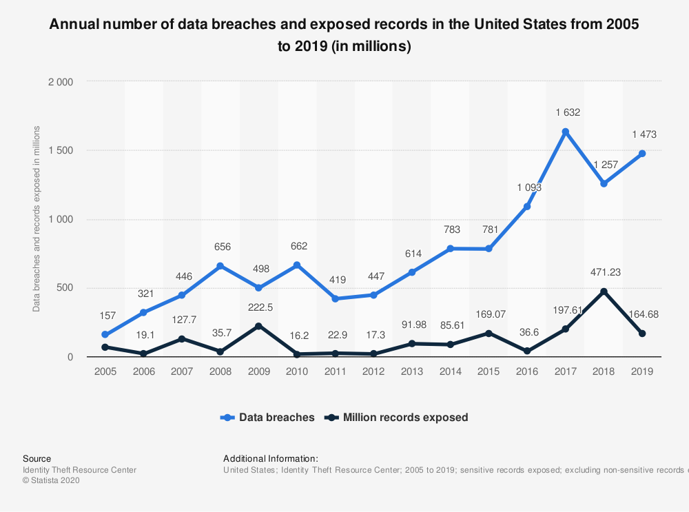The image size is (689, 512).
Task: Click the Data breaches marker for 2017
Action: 565,132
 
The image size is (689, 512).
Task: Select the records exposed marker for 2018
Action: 604,291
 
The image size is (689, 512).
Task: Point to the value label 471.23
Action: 604,272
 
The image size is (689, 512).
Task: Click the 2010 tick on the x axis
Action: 297,371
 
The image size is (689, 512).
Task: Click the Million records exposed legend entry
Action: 397,417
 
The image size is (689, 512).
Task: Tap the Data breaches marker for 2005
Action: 105,335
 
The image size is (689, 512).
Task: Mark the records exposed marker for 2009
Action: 258,326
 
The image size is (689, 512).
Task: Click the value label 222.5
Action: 258,307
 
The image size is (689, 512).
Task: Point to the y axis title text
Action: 37,219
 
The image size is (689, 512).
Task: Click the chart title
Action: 344,36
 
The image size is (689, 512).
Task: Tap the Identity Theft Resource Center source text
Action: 79,470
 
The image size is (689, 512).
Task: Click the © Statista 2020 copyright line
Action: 52,481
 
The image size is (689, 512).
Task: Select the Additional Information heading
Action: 271,458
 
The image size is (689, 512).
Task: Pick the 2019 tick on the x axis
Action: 641,371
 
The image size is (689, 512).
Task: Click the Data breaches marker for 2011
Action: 336,298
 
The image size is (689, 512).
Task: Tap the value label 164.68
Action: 641,314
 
